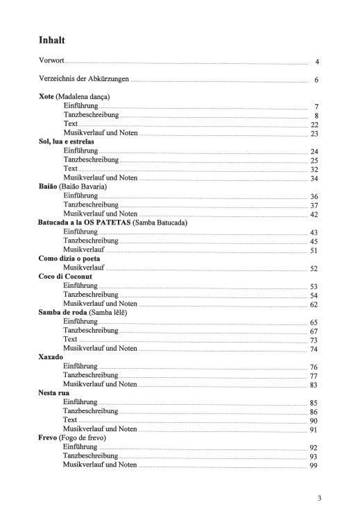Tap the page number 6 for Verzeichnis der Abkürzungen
pos(316,80)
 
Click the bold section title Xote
pos(47,96)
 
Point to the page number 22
pos(314,125)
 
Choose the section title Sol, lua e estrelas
pos(71,141)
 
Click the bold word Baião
pos(49,187)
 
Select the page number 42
pos(314,214)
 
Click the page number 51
pos(314,250)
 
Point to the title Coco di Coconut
pos(65,277)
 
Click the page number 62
pos(314,304)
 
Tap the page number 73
pos(314,340)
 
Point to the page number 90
pos(314,421)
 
